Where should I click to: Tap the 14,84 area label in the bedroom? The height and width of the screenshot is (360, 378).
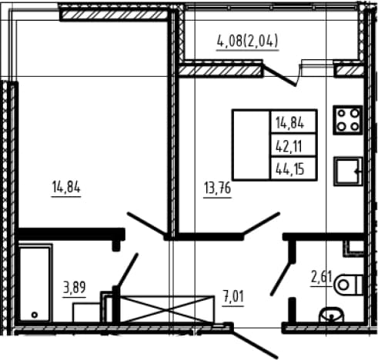[x=66, y=187]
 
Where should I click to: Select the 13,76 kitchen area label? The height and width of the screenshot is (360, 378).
[x=218, y=188]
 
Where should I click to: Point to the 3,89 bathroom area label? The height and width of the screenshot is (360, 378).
[x=75, y=288]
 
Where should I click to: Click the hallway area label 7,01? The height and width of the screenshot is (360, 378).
[x=233, y=296]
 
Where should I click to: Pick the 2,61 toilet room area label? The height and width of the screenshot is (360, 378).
[x=321, y=277]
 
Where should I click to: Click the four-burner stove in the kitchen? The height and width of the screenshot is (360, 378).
[x=348, y=120]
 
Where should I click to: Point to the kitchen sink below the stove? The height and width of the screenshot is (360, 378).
[x=348, y=172]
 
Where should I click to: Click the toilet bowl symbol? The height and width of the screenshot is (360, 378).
[x=349, y=285]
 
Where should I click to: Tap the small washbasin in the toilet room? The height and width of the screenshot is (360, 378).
[x=331, y=315]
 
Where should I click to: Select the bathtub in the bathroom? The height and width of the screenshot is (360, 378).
[x=35, y=284]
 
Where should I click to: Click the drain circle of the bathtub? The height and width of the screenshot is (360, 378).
[x=35, y=315]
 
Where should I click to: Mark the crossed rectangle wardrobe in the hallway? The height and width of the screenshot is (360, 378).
[x=167, y=309]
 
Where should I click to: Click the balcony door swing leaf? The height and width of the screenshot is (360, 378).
[x=279, y=75]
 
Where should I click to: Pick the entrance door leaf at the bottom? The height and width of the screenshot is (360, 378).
[x=254, y=342]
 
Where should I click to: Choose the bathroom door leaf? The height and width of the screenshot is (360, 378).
[x=127, y=271]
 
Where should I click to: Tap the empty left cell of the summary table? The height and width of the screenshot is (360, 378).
[x=251, y=145]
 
